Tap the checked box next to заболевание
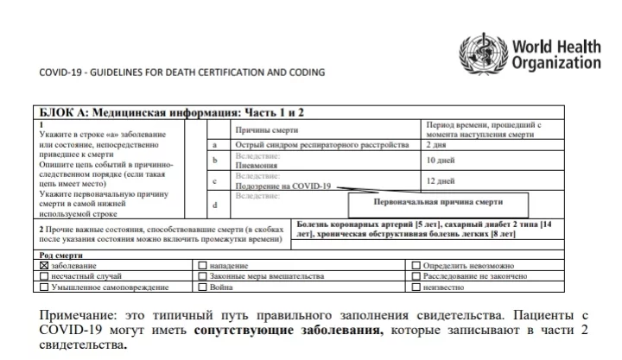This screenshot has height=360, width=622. coord(45,266)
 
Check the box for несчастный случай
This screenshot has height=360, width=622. coord(45,276)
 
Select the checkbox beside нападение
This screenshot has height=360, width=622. coord(203,266)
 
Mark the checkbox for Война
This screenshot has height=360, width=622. coord(203,287)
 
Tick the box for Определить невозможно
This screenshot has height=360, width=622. coord(416,266)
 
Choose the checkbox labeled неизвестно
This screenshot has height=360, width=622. coord(416,287)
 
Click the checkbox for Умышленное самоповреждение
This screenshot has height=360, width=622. coord(45,287)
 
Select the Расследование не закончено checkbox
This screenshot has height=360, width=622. coord(416,276)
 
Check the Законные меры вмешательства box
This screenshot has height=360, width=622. coord(203,276)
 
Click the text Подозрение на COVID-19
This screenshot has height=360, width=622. coord(282,186)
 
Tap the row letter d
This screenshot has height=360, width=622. coord(214,204)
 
